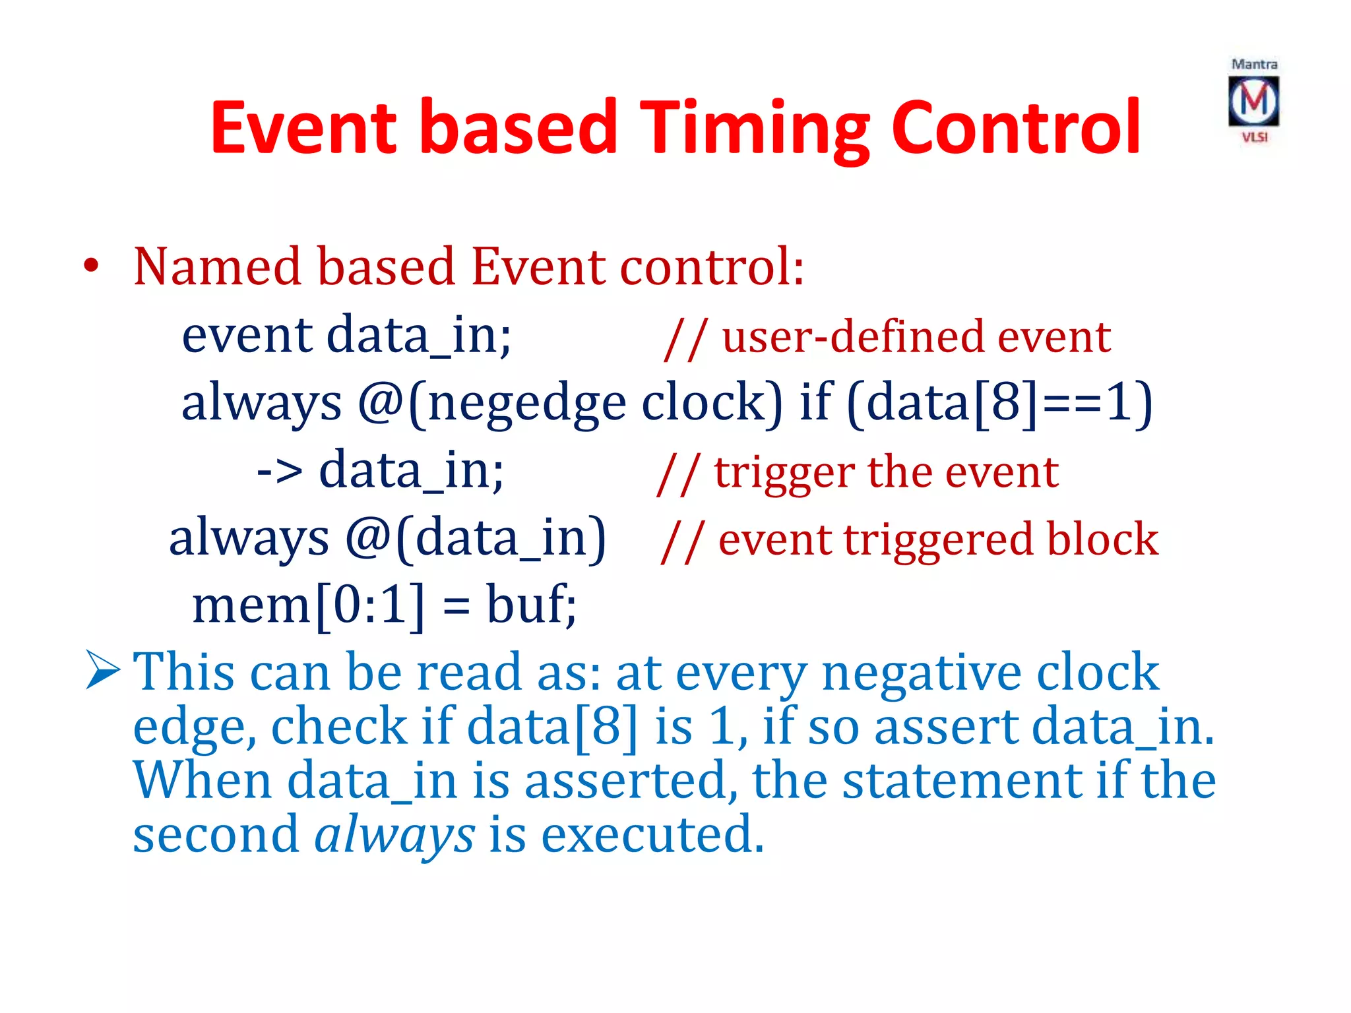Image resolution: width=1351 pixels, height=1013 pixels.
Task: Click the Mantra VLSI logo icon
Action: click(1253, 101)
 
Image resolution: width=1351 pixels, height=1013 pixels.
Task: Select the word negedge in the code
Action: click(526, 404)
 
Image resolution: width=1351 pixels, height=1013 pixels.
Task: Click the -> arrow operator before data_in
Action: click(280, 472)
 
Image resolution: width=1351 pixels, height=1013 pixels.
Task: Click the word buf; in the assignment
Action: click(531, 605)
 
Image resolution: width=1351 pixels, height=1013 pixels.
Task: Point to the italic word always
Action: click(394, 835)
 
